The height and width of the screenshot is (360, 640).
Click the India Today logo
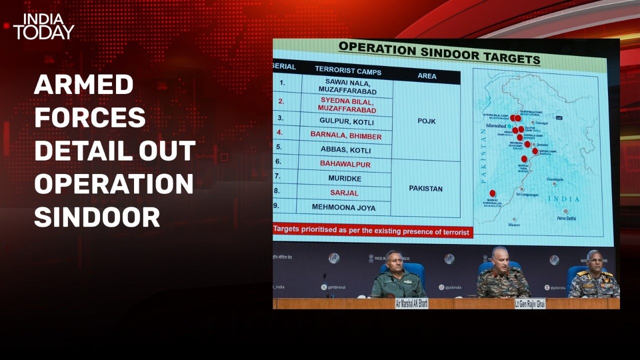click(x=44, y=26)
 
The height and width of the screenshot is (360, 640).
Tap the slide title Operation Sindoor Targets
click(x=439, y=53)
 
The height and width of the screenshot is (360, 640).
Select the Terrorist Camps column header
click(x=348, y=71)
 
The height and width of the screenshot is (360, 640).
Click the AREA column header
click(x=426, y=76)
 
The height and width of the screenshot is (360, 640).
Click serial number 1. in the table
click(x=282, y=82)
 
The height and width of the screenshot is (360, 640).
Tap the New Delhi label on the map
click(x=566, y=218)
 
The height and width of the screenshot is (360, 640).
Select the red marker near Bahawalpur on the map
click(x=492, y=193)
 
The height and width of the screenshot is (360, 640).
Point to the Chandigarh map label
click(x=554, y=179)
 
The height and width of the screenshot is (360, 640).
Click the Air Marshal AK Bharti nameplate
click(x=411, y=303)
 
